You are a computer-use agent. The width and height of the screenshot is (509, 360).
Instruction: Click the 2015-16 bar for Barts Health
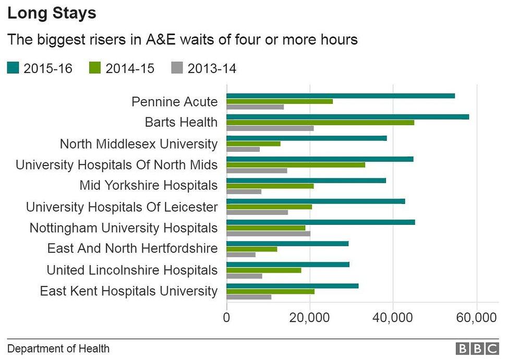(x=347, y=116)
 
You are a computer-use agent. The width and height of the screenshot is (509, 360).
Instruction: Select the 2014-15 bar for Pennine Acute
(x=280, y=101)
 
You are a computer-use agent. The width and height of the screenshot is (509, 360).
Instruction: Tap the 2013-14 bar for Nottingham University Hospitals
(x=268, y=233)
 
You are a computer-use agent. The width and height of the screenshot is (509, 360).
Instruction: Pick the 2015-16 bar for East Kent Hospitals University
(x=292, y=285)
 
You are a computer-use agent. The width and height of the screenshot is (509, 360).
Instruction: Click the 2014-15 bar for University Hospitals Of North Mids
(x=296, y=164)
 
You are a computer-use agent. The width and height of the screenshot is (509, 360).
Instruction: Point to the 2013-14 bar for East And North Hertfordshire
(x=241, y=255)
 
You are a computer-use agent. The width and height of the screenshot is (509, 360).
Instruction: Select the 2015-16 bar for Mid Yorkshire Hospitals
(x=306, y=180)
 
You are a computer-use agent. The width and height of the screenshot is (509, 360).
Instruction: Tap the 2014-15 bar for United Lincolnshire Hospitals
(x=264, y=270)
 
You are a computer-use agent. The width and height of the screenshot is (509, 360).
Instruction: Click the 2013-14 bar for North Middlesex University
(x=243, y=149)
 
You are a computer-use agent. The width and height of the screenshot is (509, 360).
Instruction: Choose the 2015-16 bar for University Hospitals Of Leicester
(x=316, y=201)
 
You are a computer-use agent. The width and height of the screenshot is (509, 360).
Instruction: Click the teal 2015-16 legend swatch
(x=13, y=68)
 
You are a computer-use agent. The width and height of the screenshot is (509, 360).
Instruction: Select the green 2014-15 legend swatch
(x=95, y=68)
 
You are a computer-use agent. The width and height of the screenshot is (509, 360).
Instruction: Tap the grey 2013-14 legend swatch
(x=178, y=68)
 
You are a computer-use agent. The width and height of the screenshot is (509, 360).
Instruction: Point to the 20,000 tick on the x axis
(x=310, y=317)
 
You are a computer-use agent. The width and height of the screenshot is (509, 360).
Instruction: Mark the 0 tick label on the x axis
(x=226, y=317)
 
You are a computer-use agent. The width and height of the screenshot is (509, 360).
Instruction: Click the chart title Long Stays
(x=52, y=13)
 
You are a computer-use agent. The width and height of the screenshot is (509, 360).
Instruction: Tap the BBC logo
(x=477, y=349)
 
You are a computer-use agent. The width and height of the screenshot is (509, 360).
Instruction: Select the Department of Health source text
(x=58, y=349)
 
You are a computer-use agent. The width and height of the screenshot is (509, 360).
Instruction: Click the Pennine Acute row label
(x=174, y=101)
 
